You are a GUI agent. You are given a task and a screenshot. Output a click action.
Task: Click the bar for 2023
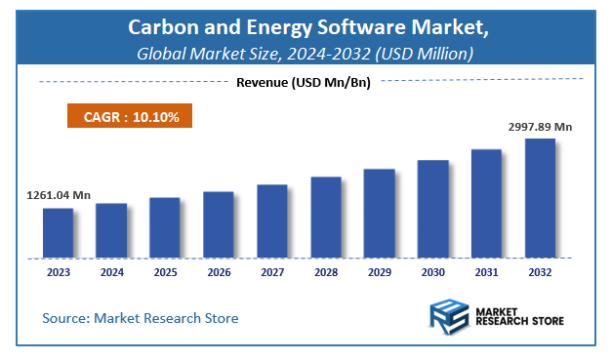pos(58,233)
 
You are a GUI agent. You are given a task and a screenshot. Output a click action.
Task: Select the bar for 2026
pos(219,224)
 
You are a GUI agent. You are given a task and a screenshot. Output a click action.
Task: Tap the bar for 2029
pos(380,214)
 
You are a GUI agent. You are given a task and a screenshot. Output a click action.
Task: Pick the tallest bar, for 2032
pos(540,198)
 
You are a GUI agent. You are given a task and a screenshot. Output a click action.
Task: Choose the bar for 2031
pos(486,204)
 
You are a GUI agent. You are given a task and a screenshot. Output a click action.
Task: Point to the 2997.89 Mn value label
pos(540,127)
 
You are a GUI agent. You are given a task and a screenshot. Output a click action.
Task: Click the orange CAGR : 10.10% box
pos(130,116)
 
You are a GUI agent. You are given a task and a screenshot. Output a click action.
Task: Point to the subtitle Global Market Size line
pos(306,52)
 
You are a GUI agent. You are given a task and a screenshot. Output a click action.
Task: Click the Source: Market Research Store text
pos(140,318)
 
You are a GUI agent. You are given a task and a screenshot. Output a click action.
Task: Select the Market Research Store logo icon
pos(448,317)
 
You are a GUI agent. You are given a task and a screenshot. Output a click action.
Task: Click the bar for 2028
pos(326,218)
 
